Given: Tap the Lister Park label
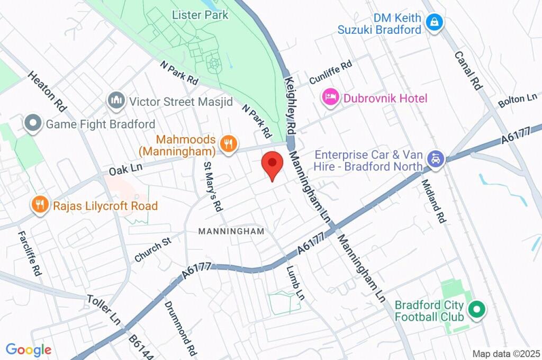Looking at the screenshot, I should pos(200,15).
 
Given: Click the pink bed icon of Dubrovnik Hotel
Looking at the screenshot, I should pos(331,97).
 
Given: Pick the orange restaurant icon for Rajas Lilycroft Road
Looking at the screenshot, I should pos(40,205).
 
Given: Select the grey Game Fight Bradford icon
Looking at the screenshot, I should pos(33,124).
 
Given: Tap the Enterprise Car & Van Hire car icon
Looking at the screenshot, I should pos(435,159).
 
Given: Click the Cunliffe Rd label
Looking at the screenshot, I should pos(330,71).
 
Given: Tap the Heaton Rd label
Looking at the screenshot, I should pos(47,91).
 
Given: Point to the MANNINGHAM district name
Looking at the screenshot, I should pos(231,232).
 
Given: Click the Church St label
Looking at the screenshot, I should pos(153,249).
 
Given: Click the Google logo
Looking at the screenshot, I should pos(29,349).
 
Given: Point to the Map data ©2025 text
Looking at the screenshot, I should pos(505,354).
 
